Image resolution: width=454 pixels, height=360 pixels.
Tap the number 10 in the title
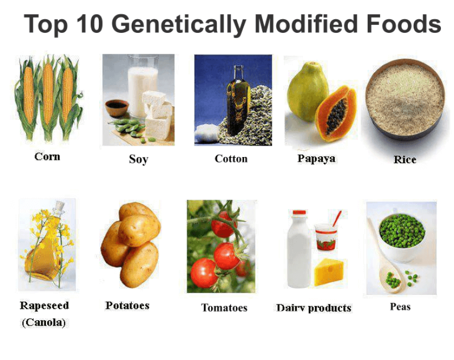point(90,24)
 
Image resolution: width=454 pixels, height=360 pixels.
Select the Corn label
point(47,156)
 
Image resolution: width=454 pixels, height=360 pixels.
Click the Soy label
point(138,159)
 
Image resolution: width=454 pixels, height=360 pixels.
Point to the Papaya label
point(316,158)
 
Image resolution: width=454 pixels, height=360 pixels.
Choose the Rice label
point(405,159)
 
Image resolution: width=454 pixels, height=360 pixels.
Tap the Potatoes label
point(127,306)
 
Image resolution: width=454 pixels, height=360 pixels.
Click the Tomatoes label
point(224,308)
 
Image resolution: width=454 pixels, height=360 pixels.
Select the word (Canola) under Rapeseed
point(44,323)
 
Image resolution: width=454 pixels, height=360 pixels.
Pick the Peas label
point(400,307)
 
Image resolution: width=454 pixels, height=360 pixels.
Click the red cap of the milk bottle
point(299,213)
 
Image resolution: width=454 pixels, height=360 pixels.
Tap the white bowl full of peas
point(402,231)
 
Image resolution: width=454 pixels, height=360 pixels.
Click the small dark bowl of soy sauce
point(117,106)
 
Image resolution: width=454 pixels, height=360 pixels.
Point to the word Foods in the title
point(398,24)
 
